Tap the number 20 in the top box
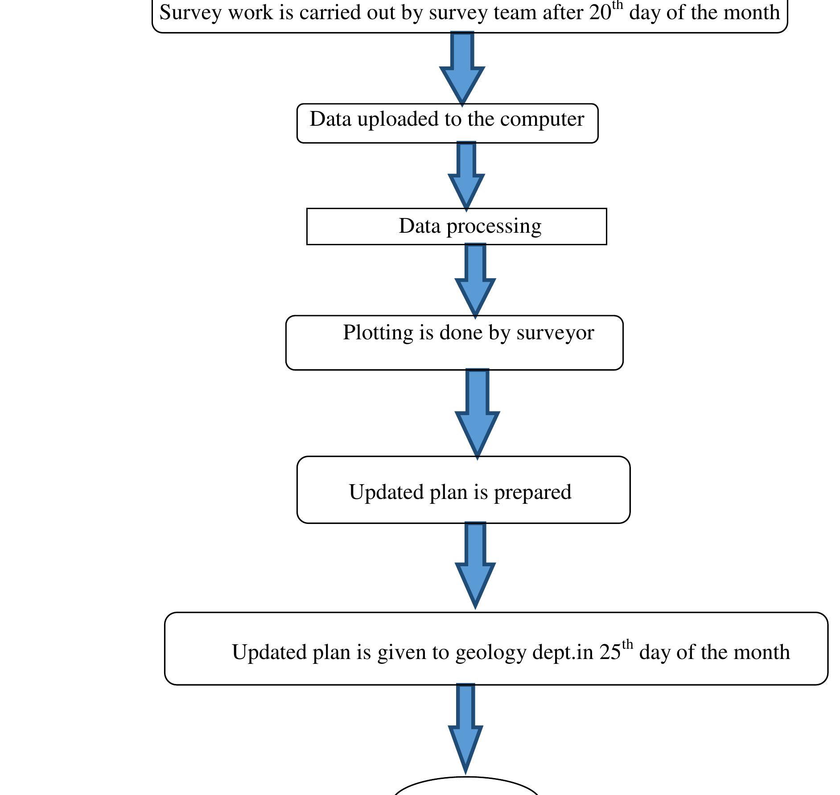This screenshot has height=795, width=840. [600, 13]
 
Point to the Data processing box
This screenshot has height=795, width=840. [456, 227]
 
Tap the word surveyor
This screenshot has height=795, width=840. [555, 333]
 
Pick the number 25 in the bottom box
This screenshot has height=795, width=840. [609, 652]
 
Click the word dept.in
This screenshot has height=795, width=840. [563, 653]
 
